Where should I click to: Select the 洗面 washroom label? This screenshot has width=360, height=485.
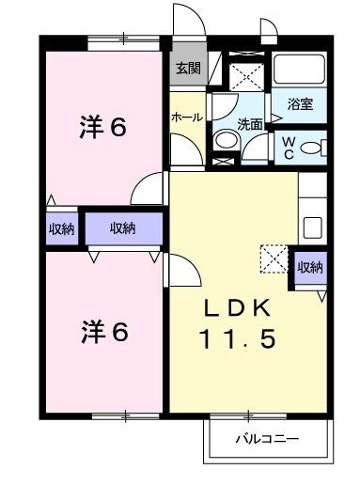pyautogui.click(x=249, y=122)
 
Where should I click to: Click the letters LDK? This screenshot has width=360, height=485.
pyautogui.click(x=238, y=307)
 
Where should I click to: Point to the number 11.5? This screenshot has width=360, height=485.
pyautogui.click(x=237, y=339)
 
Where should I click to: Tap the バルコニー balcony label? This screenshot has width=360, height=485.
pyautogui.click(x=266, y=439)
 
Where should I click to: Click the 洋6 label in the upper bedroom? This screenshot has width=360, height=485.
pyautogui.click(x=102, y=129)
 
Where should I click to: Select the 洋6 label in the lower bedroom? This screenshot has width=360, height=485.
pyautogui.click(x=102, y=331)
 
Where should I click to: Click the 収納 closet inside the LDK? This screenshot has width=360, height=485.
pyautogui.click(x=309, y=268)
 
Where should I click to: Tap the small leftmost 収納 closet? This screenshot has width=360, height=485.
pyautogui.click(x=61, y=228)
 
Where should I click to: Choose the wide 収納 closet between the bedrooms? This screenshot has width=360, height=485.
pyautogui.click(x=122, y=228)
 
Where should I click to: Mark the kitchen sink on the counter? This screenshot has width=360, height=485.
pyautogui.click(x=312, y=227)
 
